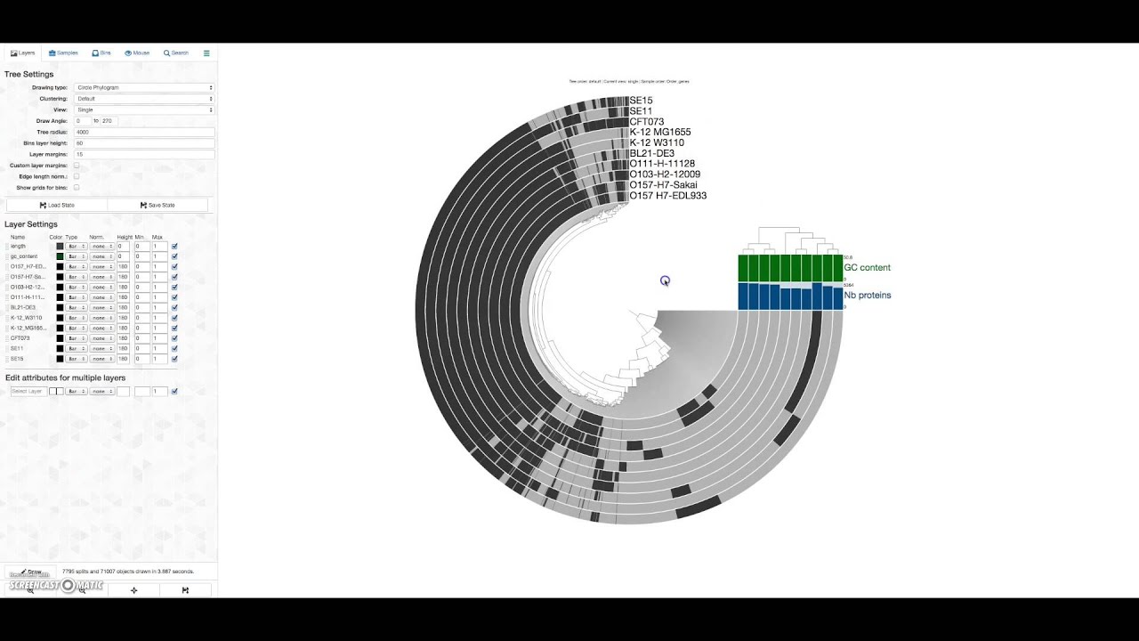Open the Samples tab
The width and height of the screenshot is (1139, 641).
(x=63, y=53)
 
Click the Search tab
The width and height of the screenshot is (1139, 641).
(x=176, y=53)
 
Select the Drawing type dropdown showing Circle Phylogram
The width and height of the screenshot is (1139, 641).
(x=144, y=87)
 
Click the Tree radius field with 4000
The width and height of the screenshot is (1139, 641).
(x=144, y=132)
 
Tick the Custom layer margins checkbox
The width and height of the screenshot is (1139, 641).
(x=77, y=166)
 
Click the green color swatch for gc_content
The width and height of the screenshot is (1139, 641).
(x=60, y=256)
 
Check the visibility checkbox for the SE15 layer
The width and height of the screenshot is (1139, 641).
(x=174, y=359)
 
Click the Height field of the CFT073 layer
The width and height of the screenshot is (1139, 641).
(x=124, y=338)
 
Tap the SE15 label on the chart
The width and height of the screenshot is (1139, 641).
(x=641, y=101)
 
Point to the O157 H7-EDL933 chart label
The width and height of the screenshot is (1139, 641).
(x=667, y=196)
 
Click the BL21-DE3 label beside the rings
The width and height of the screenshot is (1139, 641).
(x=651, y=154)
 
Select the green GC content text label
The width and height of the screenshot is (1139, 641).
(x=867, y=268)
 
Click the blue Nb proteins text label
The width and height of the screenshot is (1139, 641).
(x=867, y=296)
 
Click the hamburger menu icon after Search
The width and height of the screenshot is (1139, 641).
(x=206, y=53)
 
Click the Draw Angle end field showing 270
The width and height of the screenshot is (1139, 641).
(x=109, y=121)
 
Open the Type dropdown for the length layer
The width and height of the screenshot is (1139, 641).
(x=76, y=247)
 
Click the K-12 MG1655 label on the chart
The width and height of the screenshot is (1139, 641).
(x=659, y=133)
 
